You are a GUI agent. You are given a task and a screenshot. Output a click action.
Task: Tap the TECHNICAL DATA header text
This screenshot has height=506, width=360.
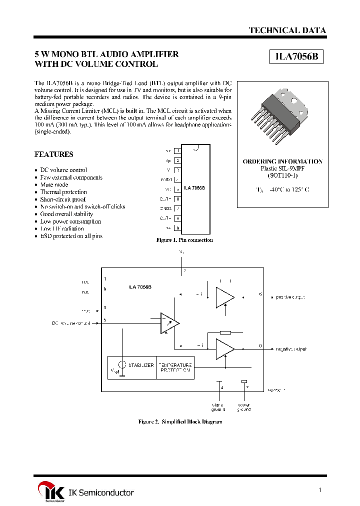pos(287,30)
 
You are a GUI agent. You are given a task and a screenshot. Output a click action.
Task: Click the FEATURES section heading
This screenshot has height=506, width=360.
pos(53,154)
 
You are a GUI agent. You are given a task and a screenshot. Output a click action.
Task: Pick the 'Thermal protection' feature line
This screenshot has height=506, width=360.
pos(63,192)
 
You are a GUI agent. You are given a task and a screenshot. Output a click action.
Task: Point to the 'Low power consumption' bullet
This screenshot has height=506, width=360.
pos(70,221)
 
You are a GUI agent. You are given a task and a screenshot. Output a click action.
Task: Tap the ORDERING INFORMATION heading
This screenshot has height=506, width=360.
pos(282,161)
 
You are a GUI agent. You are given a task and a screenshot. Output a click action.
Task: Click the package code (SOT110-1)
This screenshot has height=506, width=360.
pos(282,176)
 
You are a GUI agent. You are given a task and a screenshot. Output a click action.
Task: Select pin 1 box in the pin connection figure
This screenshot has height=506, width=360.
pos(177,150)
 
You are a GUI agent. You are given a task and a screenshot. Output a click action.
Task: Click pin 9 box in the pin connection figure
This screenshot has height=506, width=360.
pos(177,228)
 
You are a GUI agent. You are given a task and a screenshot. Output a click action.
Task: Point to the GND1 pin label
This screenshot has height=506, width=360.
pos(167,179)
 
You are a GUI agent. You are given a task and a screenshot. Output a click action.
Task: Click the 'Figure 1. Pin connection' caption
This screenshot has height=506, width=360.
pos(185,240)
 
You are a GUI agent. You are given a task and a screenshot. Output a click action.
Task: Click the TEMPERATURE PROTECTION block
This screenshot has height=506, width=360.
pos(175,367)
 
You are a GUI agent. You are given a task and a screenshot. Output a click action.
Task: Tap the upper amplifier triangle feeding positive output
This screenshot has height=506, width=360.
pos(224,297)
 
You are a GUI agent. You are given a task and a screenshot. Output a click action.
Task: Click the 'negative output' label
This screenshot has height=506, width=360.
pos(291,349)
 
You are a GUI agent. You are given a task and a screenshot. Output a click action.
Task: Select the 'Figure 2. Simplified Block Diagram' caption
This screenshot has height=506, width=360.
pos(180,422)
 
